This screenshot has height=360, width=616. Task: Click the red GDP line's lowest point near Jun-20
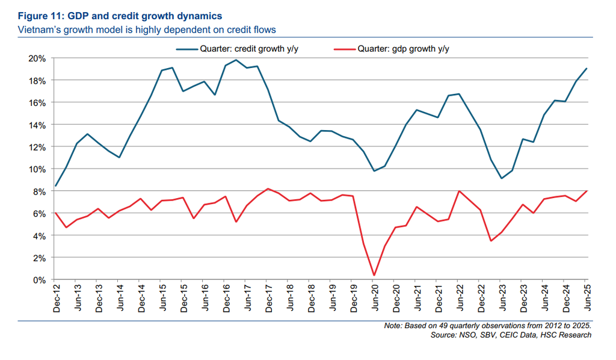click(x=374, y=276)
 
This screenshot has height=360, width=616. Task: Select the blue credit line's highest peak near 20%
click(x=236, y=60)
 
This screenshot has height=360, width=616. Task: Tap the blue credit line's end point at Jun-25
click(x=587, y=69)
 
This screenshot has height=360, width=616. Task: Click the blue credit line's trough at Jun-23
click(x=502, y=178)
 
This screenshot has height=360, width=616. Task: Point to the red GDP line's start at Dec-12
click(x=55, y=213)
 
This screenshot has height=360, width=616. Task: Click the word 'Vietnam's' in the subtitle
click(x=38, y=28)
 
